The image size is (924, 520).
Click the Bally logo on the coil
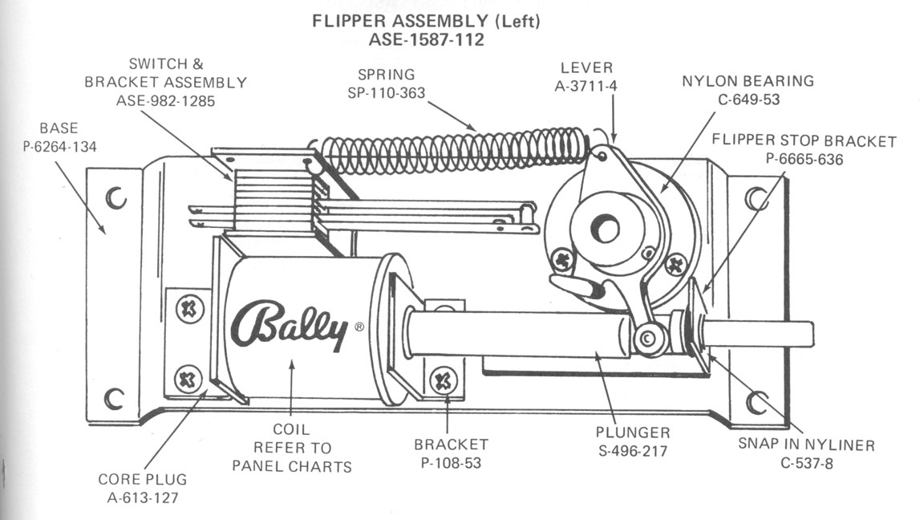click(x=289, y=326)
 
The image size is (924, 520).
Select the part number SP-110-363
click(x=386, y=93)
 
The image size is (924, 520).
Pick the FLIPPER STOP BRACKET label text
click(x=804, y=141)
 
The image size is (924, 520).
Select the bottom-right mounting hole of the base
click(x=756, y=400)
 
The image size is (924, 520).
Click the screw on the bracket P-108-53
click(x=443, y=380)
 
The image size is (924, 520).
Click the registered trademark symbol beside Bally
click(x=359, y=327)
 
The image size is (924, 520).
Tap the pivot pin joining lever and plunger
click(x=648, y=339)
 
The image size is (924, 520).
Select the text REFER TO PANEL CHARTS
click(x=291, y=457)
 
